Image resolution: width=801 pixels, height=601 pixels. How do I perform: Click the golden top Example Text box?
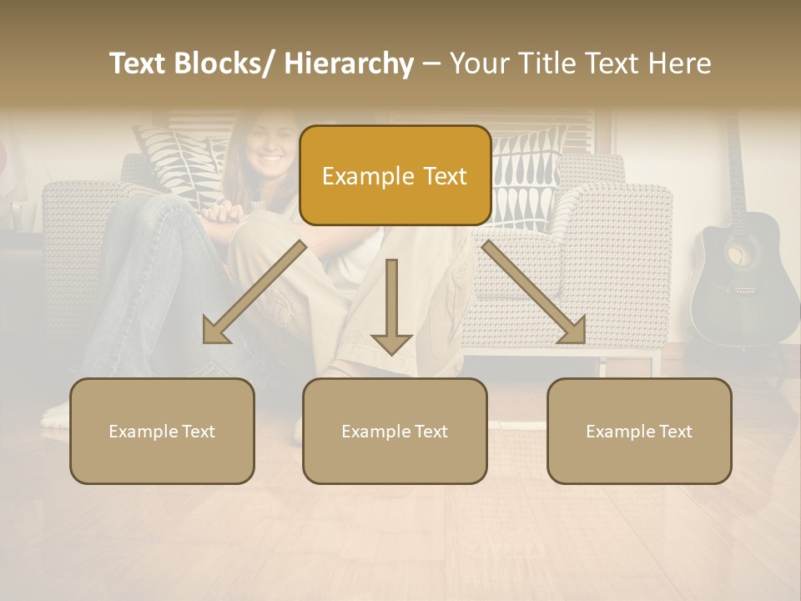pos(395,175)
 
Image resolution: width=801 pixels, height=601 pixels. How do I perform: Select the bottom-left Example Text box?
pos(162,431)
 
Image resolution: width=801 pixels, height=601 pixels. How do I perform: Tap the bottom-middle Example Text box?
pos(395,431)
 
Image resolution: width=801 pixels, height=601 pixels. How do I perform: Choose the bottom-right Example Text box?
pos(639,431)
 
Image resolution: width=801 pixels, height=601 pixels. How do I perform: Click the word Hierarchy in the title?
pos(349,63)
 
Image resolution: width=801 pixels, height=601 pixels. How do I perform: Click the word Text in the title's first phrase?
pos(138,63)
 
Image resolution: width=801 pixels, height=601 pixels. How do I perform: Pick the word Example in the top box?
pos(356,176)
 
